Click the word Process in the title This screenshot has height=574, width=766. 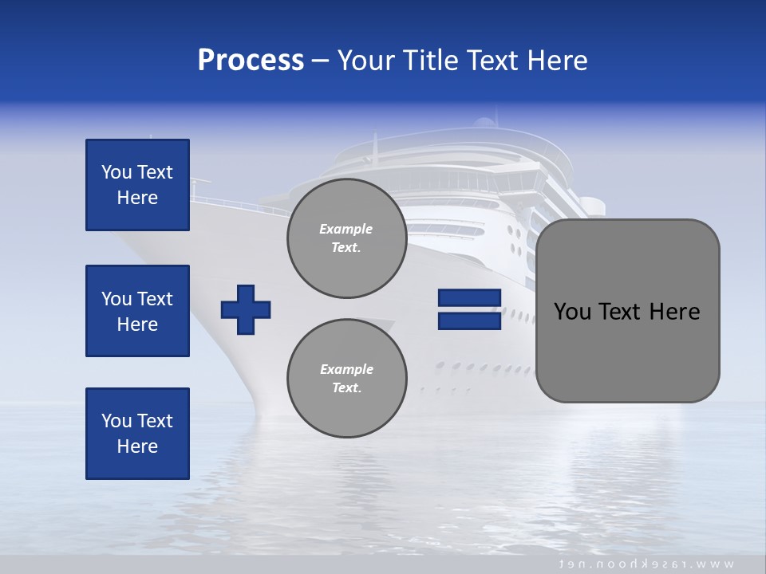[251, 61]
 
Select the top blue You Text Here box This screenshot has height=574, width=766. [137, 185]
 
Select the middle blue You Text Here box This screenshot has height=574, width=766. [137, 311]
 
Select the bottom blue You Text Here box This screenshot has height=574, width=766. [137, 434]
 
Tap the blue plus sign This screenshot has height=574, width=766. [246, 309]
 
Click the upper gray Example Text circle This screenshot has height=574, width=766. [346, 238]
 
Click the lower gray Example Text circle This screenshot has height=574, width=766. [346, 379]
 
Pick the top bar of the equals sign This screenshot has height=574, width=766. [469, 298]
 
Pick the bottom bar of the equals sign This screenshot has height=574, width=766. [469, 320]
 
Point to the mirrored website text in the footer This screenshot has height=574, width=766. [646, 564]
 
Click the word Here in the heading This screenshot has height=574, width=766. [558, 61]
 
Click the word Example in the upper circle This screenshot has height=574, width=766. [345, 229]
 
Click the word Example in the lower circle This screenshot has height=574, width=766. [346, 369]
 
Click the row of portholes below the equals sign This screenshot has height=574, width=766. [487, 368]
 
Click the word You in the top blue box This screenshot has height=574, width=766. [116, 172]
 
